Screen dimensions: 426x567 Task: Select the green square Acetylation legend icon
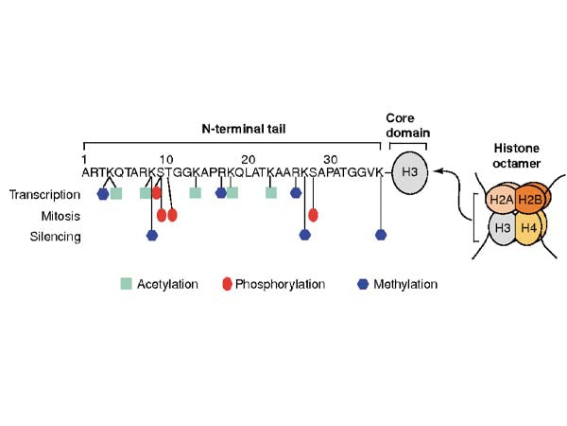[126, 284]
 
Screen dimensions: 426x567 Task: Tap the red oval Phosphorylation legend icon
[227, 284]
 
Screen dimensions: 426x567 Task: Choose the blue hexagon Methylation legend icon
[364, 284]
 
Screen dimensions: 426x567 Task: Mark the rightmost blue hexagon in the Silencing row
[381, 235]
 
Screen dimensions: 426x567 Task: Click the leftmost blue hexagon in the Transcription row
[102, 193]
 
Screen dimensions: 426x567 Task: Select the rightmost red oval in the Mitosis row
[313, 215]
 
